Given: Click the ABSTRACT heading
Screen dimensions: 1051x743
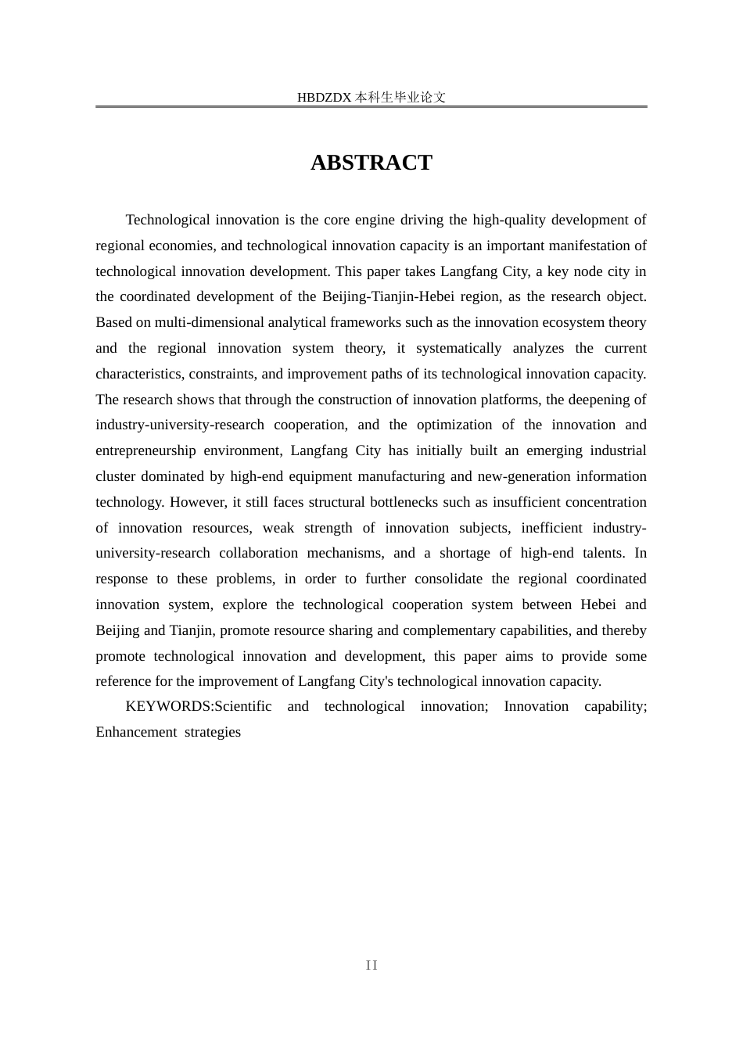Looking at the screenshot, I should click(371, 163).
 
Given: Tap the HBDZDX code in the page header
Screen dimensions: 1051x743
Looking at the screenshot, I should click(325, 98).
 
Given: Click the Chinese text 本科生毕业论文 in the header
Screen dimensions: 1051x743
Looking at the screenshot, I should click(400, 98).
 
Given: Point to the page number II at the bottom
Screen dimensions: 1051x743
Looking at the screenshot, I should click(371, 966).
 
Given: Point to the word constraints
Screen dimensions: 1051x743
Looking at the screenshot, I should click(221, 374).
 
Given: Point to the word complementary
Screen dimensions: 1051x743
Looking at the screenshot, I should click(453, 630).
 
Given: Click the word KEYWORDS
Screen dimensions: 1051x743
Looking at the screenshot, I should click(168, 706).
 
